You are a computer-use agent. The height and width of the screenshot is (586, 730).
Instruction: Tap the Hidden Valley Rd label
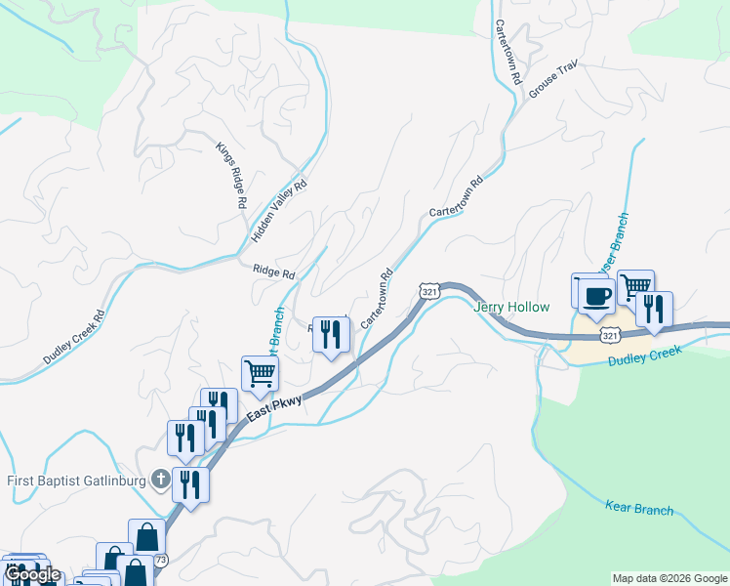click(279, 210)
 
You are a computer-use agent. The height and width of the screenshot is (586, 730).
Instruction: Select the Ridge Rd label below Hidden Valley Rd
click(273, 273)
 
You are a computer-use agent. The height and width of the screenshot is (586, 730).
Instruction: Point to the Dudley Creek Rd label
click(74, 338)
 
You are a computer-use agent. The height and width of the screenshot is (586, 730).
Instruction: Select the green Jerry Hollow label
click(511, 307)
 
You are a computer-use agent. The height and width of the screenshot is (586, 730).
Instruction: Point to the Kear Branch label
click(639, 509)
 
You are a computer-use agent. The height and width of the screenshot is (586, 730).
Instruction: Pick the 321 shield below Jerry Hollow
click(610, 335)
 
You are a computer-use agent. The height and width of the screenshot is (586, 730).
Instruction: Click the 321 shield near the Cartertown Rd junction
click(429, 290)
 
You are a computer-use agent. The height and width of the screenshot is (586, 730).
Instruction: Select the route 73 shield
click(161, 560)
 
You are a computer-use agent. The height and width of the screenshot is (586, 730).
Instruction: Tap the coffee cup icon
click(597, 295)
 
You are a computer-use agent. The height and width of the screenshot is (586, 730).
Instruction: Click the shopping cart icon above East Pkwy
click(260, 372)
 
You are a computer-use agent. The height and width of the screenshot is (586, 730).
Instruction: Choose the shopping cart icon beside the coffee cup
click(634, 286)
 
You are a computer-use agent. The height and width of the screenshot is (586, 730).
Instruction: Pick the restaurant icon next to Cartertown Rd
click(331, 334)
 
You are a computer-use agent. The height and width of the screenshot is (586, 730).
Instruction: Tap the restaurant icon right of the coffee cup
click(654, 309)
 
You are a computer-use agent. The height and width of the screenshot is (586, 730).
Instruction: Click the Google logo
click(32, 574)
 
